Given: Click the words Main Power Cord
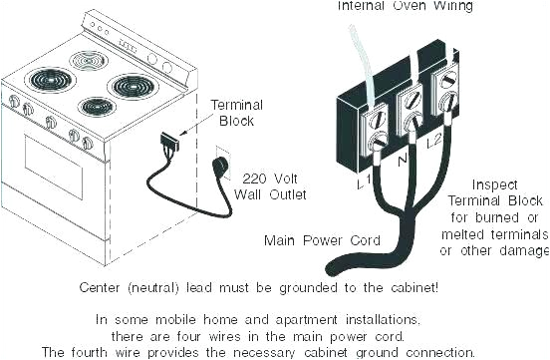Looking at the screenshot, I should [x=312, y=240].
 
